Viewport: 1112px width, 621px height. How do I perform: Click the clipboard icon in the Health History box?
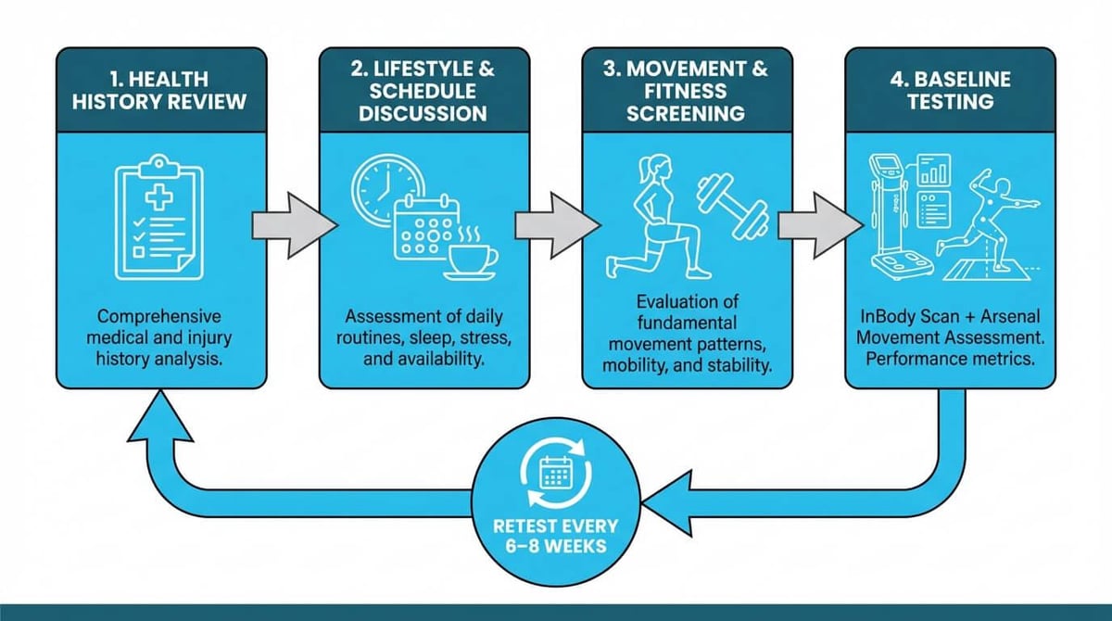click(159, 218)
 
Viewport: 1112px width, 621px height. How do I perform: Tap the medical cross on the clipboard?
click(159, 197)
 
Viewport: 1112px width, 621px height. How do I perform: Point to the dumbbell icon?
click(733, 206)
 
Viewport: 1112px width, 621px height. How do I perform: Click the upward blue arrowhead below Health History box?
click(159, 416)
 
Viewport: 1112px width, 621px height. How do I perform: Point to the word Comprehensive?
click(158, 317)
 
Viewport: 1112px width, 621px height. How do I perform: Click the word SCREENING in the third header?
click(686, 114)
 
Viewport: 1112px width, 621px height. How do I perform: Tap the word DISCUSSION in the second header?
click(423, 114)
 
